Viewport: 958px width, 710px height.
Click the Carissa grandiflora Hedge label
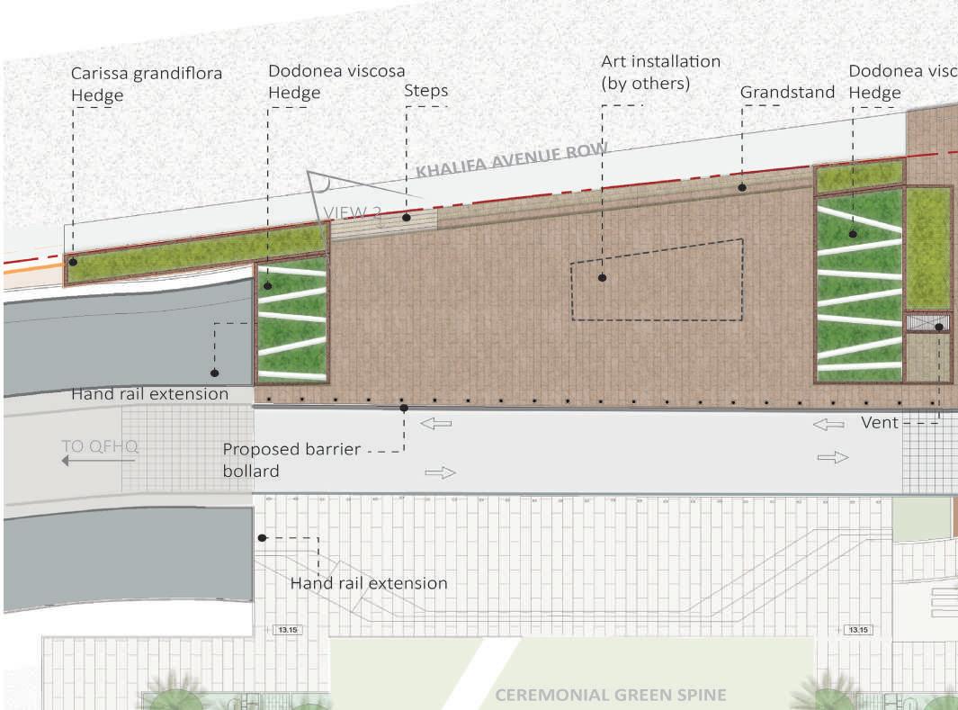click(x=146, y=84)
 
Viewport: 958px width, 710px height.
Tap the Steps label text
click(x=425, y=91)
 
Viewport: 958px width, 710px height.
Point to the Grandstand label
click(x=787, y=92)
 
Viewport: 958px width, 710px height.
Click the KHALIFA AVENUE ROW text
click(x=512, y=161)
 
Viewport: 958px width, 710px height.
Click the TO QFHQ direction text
click(x=101, y=445)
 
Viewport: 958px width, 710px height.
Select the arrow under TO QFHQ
click(x=98, y=461)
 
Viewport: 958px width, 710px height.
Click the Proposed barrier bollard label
click(x=291, y=460)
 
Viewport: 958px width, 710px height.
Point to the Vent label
click(x=880, y=422)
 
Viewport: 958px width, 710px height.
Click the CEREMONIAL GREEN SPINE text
click(x=611, y=695)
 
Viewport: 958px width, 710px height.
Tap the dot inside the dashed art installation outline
click(x=602, y=278)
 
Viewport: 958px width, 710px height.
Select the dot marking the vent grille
click(x=938, y=327)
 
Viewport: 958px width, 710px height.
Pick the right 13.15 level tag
click(x=858, y=631)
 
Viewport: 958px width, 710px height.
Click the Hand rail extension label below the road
click(x=368, y=583)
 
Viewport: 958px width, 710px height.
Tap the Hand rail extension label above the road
click(x=149, y=394)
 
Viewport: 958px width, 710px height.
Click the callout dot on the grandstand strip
click(x=742, y=187)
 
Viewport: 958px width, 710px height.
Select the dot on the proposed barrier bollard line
click(x=404, y=409)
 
